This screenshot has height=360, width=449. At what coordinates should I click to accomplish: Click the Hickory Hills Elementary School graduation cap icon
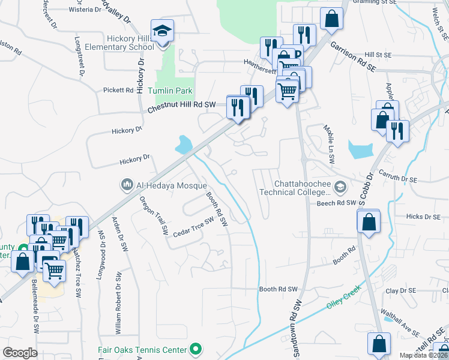click(161, 30)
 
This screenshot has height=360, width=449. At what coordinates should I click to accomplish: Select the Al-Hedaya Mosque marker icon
click(126, 184)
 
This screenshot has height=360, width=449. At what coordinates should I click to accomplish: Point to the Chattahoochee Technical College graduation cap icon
click(340, 187)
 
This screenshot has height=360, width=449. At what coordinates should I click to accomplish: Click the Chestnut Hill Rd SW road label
click(181, 107)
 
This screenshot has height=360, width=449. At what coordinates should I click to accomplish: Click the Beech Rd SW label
click(337, 203)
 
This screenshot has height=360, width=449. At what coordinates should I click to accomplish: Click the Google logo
click(20, 353)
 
